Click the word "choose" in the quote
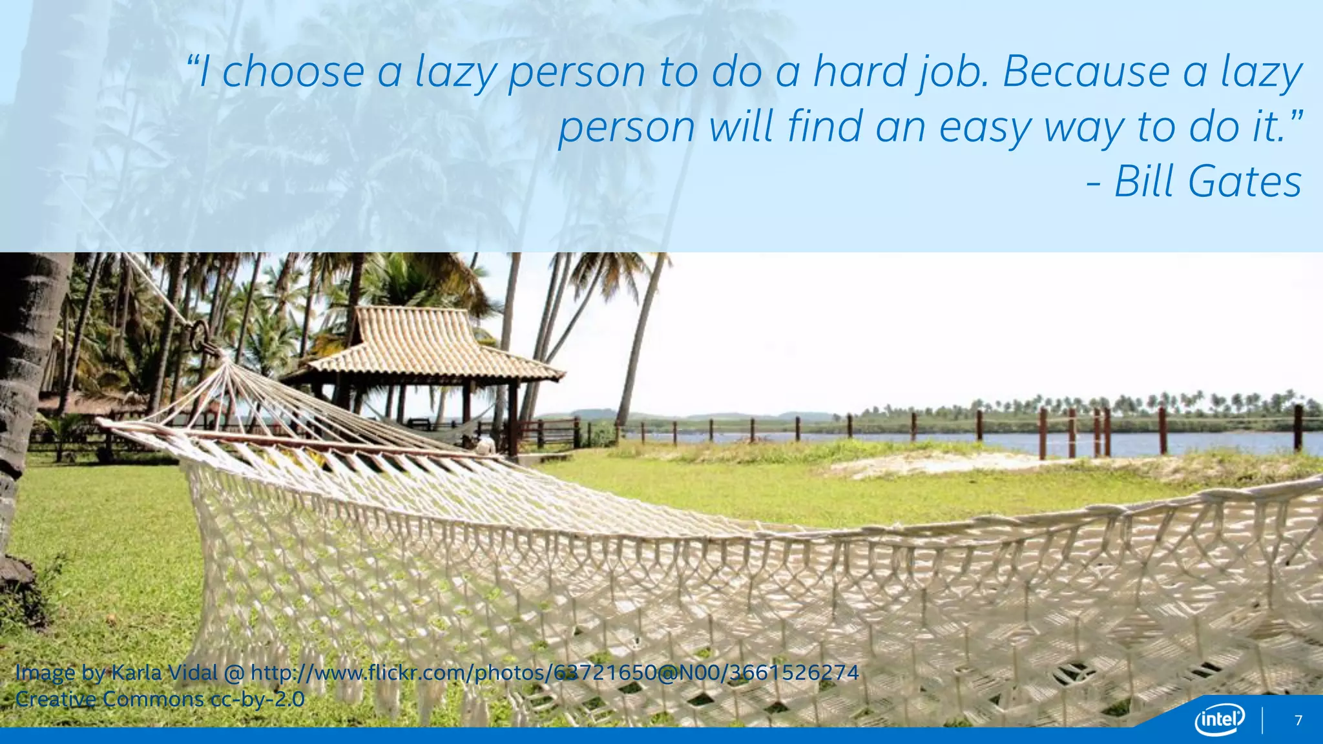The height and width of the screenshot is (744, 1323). coord(293,72)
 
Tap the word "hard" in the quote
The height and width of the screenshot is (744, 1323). coord(859,72)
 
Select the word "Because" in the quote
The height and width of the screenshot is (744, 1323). coord(1085,72)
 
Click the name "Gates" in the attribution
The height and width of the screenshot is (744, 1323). coord(1245,181)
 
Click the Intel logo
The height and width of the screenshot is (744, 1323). coord(1219,719)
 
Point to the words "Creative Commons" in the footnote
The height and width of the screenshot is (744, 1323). coord(110,699)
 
